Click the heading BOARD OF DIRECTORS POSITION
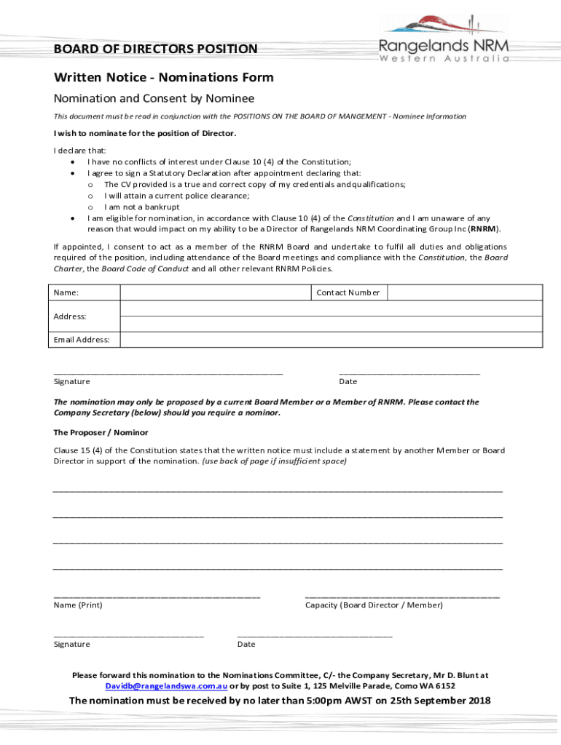tap(155, 49)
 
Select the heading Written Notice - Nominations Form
tap(163, 77)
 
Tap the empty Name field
tap(216, 292)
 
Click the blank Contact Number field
tap(463, 292)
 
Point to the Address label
tap(70, 316)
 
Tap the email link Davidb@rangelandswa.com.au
tap(166, 686)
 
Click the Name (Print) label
tap(78, 605)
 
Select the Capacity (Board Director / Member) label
tap(374, 605)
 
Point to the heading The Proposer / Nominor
tap(101, 432)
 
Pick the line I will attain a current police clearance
tap(176, 196)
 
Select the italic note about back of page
tap(274, 461)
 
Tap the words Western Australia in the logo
tap(444, 59)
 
